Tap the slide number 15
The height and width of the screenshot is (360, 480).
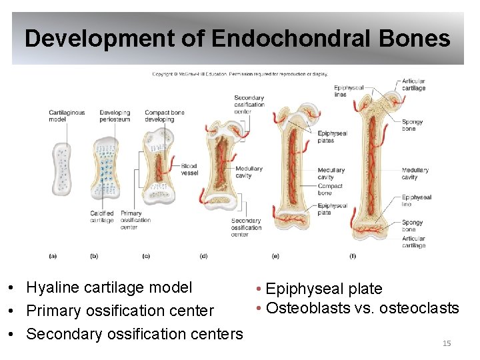pos(447,343)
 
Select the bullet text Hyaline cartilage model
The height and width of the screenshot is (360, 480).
pos(109,287)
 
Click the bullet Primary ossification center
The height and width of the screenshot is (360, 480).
pos(120,311)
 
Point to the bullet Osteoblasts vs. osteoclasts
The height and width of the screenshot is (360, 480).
pos(362,308)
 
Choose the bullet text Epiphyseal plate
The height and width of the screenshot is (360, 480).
pos(323,289)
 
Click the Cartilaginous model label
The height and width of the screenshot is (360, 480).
pos(67,116)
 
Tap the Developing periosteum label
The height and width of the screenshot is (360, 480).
pos(115,116)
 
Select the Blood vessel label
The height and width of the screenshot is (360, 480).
pos(189,169)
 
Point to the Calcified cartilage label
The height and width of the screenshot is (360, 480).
pos(102,217)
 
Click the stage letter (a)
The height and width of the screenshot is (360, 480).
pos(53,255)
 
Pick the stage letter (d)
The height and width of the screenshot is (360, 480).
pos(203,255)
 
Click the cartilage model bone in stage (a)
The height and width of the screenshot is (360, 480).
pos(61,169)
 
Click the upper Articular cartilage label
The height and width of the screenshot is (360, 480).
pos(413,85)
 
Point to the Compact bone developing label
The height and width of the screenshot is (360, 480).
pos(164,116)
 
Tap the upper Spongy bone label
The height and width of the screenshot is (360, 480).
pos(412,125)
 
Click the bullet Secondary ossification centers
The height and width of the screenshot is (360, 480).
pos(134,333)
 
